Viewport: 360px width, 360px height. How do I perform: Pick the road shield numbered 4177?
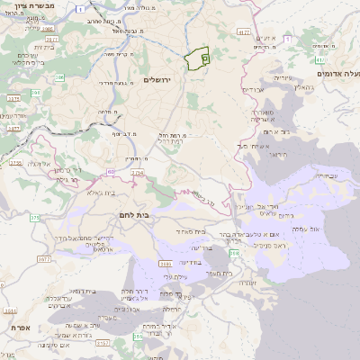pyautogui.click(x=243, y=31)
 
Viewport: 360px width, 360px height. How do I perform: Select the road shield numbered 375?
pyautogui.click(x=35, y=217)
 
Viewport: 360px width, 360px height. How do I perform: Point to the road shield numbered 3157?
pyautogui.click(x=103, y=343)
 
